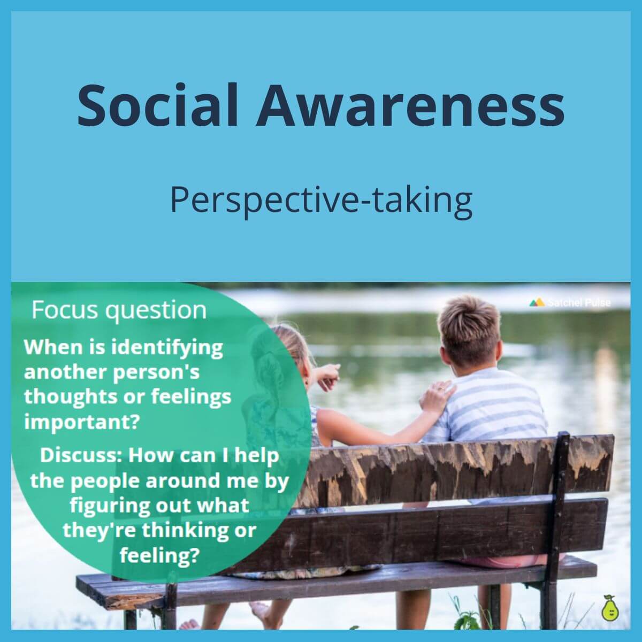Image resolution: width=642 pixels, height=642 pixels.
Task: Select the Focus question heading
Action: [119, 310]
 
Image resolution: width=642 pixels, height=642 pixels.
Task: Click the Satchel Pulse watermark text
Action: [578, 302]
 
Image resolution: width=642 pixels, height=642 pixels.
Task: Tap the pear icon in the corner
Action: [608, 608]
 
